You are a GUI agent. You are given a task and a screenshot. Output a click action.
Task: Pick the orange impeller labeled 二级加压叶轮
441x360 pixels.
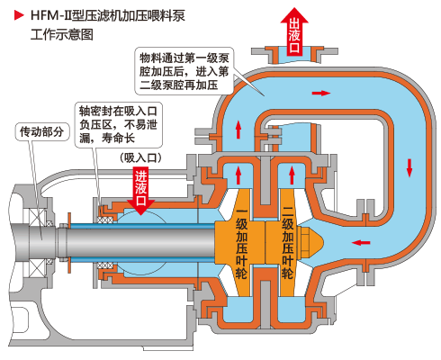click(287, 244)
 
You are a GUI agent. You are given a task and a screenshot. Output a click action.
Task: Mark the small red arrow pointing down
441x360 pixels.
click(409, 166)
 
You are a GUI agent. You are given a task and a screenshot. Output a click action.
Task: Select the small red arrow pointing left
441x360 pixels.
click(359, 242)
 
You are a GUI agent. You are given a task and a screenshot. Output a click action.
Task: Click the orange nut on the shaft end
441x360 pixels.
click(310, 242)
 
